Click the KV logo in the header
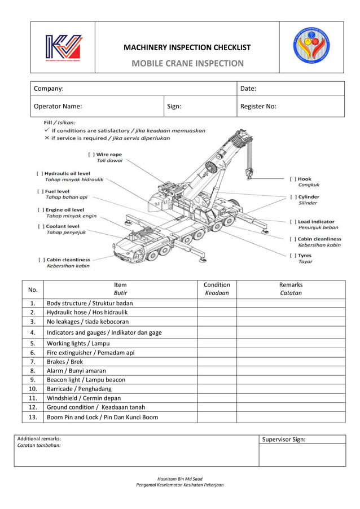coord(63,47)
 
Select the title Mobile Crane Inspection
coord(187,63)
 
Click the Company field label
coord(49,89)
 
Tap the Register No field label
coord(258,106)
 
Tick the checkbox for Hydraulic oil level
coord(39,174)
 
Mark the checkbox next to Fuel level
coord(39,191)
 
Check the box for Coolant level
coord(40,226)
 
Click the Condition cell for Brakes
coord(217,362)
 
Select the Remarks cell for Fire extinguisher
coord(290,353)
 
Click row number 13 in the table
coord(33,417)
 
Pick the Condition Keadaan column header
coord(217,289)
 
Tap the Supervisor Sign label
coord(284,440)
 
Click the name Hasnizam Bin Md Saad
coord(179,479)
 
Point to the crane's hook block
coord(249,170)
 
